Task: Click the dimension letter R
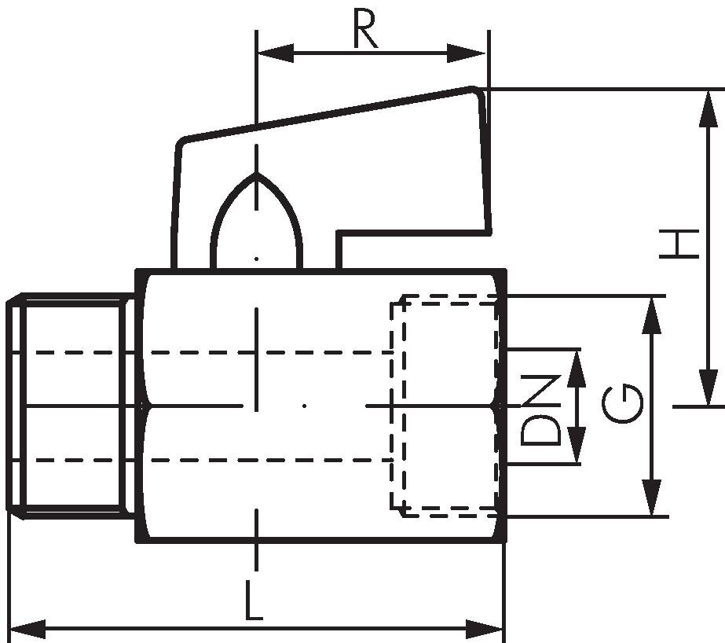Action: tap(365, 30)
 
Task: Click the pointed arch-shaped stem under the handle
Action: tap(256, 228)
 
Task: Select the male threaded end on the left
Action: tap(71, 406)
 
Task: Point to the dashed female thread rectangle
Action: tap(445, 406)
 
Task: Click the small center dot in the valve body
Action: tap(304, 406)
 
